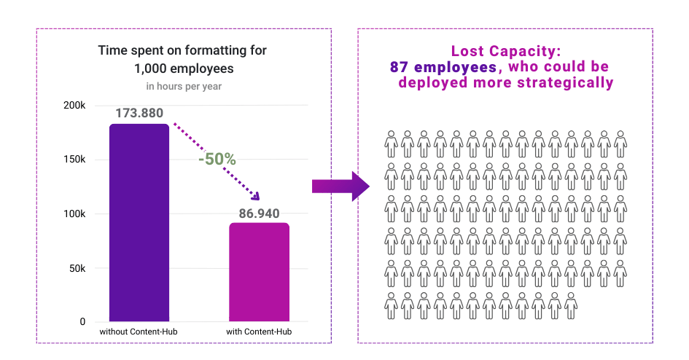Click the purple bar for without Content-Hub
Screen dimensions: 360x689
pyautogui.click(x=139, y=222)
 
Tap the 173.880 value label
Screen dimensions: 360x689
pyautogui.click(x=139, y=113)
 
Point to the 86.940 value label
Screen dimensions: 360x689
pyautogui.click(x=259, y=213)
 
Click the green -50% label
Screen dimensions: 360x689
pyautogui.click(x=217, y=159)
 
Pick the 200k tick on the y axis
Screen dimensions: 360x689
pyautogui.click(x=74, y=106)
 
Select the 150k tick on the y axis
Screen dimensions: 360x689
pyautogui.click(x=74, y=160)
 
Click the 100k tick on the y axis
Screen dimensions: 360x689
pyautogui.click(x=74, y=214)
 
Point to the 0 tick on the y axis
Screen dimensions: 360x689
pyautogui.click(x=82, y=321)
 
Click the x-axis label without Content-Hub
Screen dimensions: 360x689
pyautogui.click(x=139, y=332)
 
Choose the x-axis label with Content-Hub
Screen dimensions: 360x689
pyautogui.click(x=259, y=332)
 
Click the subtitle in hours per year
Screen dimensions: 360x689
pyautogui.click(x=184, y=87)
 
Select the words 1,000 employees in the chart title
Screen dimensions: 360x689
pyautogui.click(x=184, y=69)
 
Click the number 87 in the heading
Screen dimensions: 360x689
pyautogui.click(x=399, y=67)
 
